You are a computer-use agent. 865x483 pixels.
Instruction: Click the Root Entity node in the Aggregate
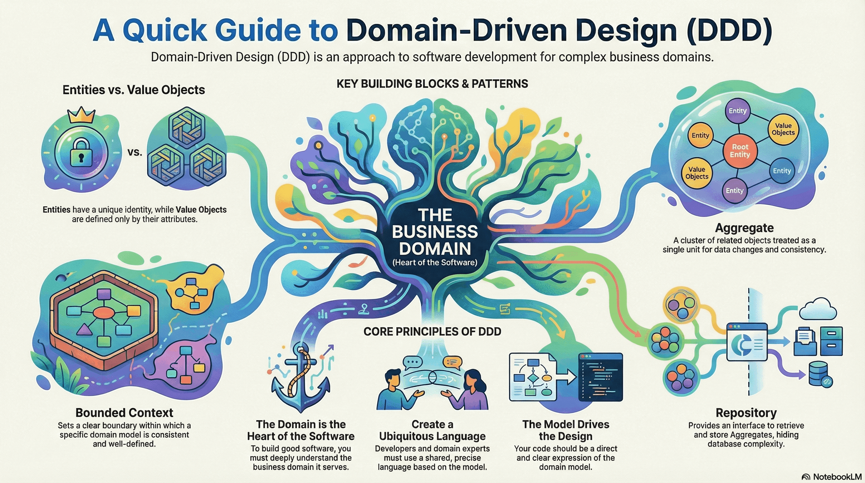740,151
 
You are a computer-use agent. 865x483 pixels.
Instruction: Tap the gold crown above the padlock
81,115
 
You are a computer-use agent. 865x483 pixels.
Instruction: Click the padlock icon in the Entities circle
81,154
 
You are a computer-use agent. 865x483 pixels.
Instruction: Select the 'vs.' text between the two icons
135,153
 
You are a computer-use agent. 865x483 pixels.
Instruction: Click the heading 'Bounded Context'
124,413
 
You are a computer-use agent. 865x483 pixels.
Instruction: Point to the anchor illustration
301,380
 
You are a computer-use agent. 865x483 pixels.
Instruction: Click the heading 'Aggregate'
744,228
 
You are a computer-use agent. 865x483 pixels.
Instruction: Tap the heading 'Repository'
746,413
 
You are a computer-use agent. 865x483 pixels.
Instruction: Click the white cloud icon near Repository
818,309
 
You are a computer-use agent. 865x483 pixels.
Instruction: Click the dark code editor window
601,377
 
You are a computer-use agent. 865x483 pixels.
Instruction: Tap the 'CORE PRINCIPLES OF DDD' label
432,331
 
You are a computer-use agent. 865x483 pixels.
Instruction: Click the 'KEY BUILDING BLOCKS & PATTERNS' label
432,84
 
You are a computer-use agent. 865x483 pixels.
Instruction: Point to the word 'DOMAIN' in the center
435,248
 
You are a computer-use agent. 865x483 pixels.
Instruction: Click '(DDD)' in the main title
729,30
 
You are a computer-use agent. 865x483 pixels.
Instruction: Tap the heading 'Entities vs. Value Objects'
134,90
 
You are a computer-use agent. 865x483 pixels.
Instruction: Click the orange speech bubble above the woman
452,362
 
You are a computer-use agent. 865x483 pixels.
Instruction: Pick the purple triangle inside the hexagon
84,330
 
